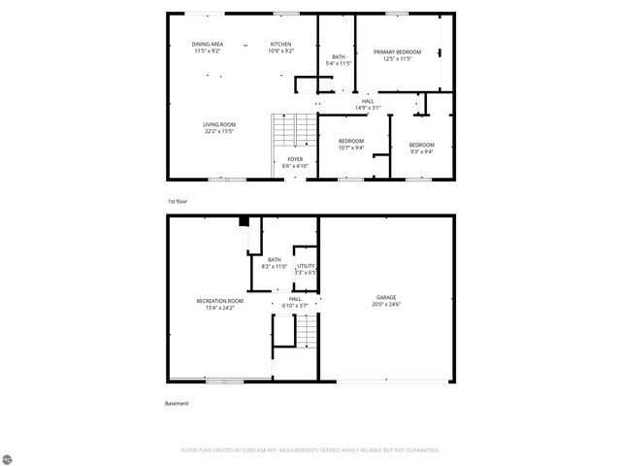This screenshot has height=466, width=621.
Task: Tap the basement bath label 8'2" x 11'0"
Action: pyautogui.click(x=275, y=262)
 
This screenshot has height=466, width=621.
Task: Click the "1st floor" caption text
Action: pyautogui.click(x=177, y=200)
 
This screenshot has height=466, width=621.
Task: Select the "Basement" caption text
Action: pyautogui.click(x=177, y=403)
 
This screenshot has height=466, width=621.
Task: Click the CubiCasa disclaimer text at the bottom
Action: pyautogui.click(x=310, y=450)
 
